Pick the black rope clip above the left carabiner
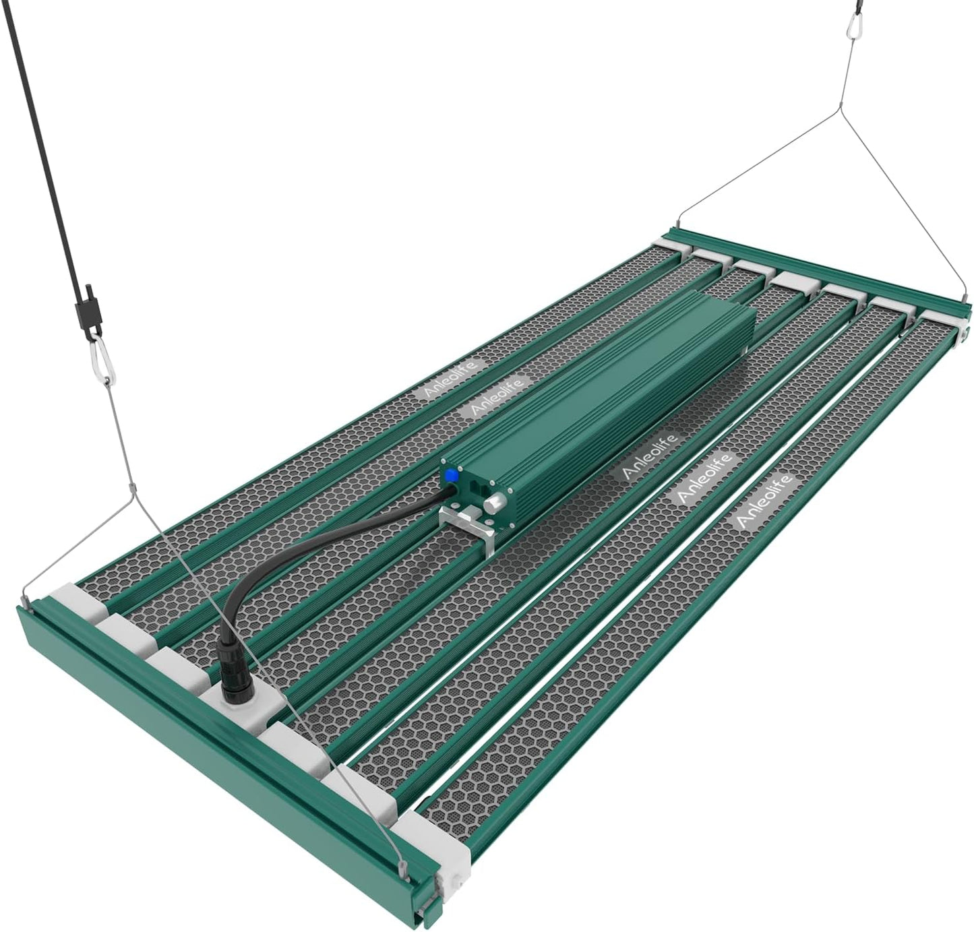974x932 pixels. (86, 311)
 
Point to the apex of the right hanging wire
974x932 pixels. (842, 111)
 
